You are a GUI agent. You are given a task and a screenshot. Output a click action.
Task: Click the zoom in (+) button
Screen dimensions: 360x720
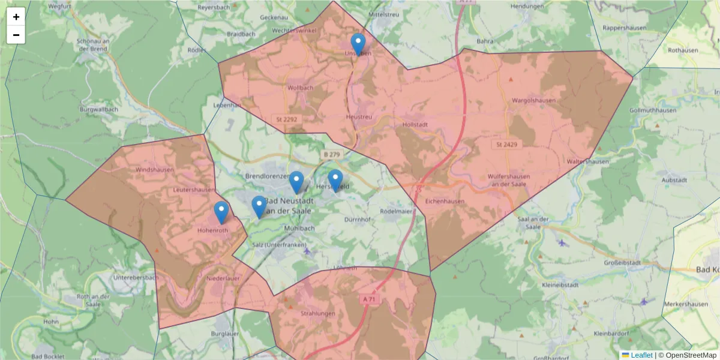[16, 17]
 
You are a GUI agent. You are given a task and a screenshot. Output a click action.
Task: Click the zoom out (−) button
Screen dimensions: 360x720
[16, 35]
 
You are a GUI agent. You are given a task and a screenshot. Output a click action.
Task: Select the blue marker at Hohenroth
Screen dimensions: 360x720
[221, 212]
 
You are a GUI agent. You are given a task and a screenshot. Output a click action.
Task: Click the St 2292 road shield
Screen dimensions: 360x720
[287, 119]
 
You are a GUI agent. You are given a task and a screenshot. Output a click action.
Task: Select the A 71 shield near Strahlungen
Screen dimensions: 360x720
[368, 299]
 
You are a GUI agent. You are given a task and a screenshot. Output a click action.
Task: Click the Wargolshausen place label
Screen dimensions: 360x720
[533, 100]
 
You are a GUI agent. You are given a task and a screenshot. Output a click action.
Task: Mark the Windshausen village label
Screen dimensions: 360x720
[154, 170]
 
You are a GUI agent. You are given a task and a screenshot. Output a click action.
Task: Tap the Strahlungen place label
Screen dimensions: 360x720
[318, 313]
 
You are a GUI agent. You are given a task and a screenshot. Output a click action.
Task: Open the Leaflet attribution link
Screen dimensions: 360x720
[641, 355]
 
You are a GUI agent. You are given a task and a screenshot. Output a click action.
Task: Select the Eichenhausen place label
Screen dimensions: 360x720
[445, 202]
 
